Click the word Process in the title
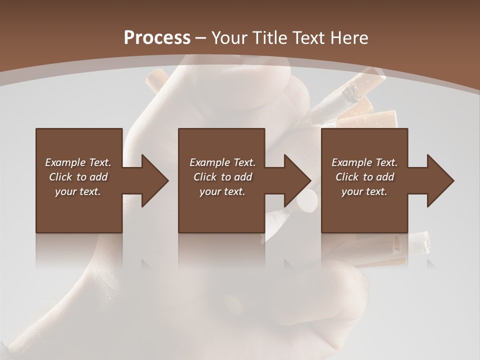(157, 38)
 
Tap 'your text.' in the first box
(78, 191)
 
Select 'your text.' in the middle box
(222, 191)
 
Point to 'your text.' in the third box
(364, 191)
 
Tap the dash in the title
(200, 38)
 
